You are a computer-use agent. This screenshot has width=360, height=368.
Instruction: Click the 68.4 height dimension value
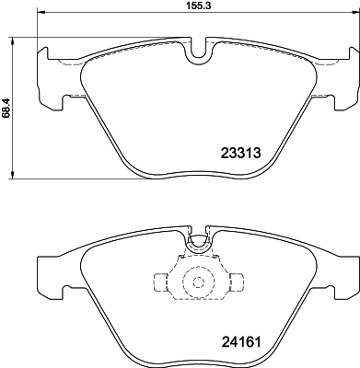click(x=6, y=109)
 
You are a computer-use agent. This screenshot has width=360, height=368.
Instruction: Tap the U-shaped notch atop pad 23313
click(x=197, y=54)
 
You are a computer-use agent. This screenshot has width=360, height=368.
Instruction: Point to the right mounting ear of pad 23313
click(x=344, y=74)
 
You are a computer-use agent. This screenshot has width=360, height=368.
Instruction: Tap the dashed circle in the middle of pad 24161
click(x=197, y=283)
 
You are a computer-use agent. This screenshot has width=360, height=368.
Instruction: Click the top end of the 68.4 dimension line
click(x=12, y=39)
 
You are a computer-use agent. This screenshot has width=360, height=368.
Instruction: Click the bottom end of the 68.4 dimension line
click(x=12, y=178)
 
